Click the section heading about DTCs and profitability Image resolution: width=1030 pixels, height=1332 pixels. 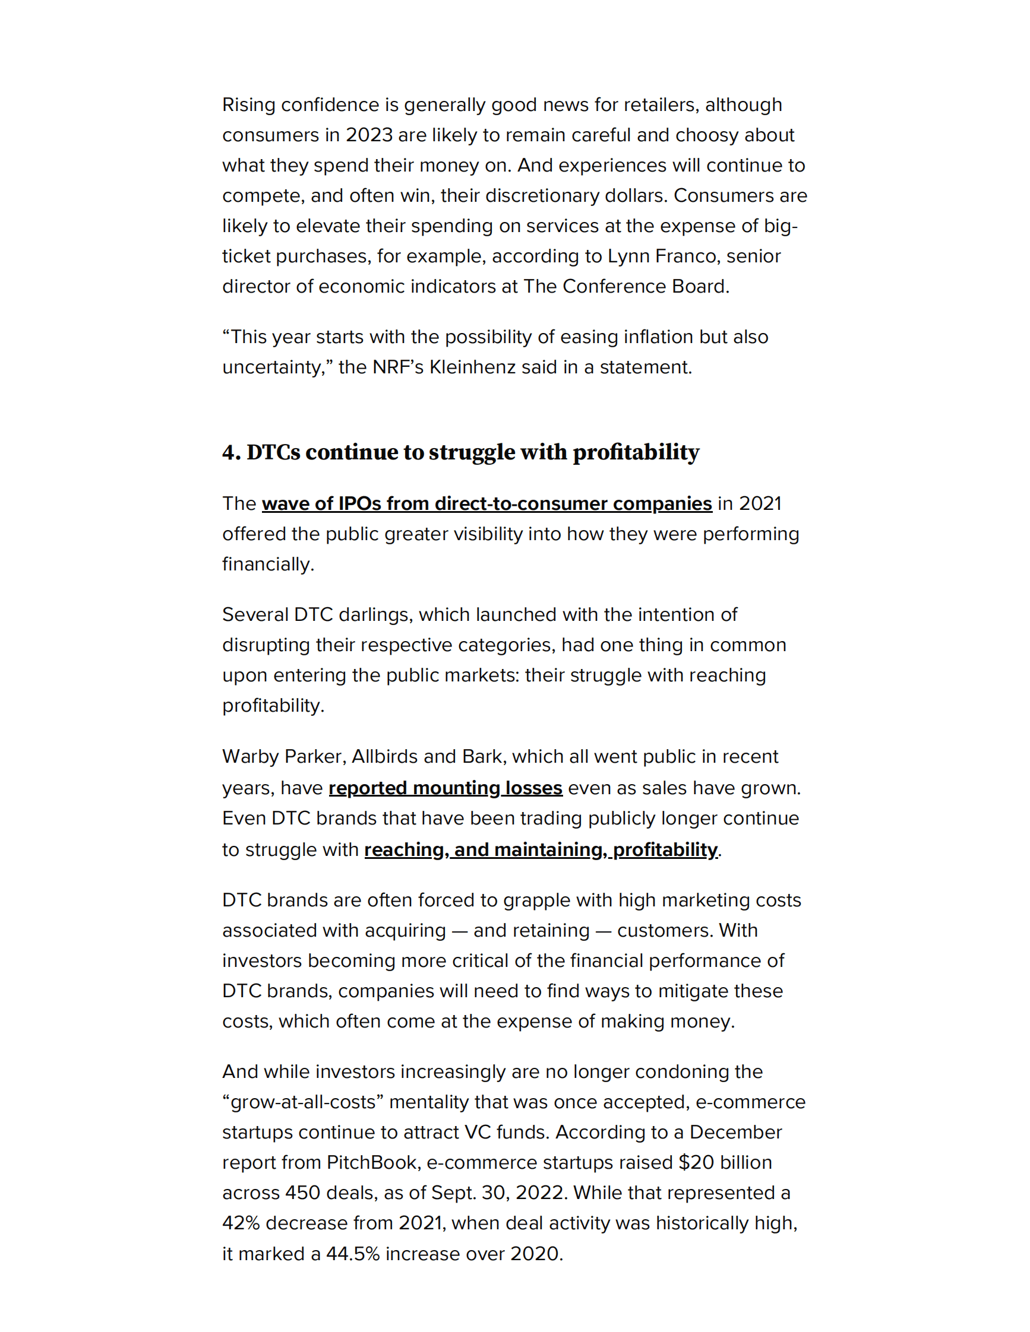click(x=461, y=452)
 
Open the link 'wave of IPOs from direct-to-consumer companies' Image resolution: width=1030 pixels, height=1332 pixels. click(x=486, y=504)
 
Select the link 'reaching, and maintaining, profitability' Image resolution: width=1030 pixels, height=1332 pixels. click(x=541, y=849)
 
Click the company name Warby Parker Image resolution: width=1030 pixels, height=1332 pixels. click(x=284, y=757)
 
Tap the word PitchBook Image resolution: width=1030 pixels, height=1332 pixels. click(x=373, y=1162)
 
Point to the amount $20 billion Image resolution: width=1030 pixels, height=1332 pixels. click(x=725, y=1162)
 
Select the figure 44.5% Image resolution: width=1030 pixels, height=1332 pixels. click(x=353, y=1254)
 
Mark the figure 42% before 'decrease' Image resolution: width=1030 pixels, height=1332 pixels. click(x=241, y=1223)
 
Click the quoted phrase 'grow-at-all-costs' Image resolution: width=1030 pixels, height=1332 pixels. click(x=303, y=1102)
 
